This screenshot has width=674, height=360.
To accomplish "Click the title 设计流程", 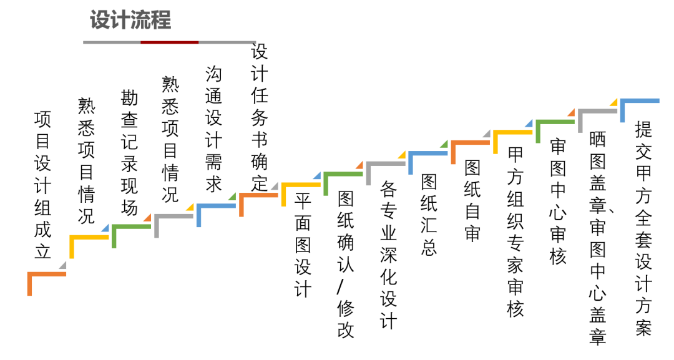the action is pos(130,20).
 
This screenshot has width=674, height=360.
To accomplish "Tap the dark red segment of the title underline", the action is pos(169,42).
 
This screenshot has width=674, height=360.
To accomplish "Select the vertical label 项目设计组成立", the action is pos(42,185).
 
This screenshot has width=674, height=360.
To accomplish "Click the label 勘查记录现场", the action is pos(129,152).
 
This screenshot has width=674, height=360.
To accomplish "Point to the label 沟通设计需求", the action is pos(213,129).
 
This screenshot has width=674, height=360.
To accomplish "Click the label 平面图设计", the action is pos(303,245).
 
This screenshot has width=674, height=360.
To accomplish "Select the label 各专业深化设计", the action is pos(388,255).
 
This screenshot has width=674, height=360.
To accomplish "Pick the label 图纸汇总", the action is pos(429,215).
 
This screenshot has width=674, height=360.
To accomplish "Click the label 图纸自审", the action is pos(472,201).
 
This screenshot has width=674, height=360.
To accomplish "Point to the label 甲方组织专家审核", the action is pos(515,232).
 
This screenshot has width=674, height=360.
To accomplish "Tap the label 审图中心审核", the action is pos(558,201).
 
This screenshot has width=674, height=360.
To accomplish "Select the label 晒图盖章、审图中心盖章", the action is pos(598,238).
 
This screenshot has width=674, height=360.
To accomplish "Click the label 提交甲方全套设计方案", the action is pos(643,228).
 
